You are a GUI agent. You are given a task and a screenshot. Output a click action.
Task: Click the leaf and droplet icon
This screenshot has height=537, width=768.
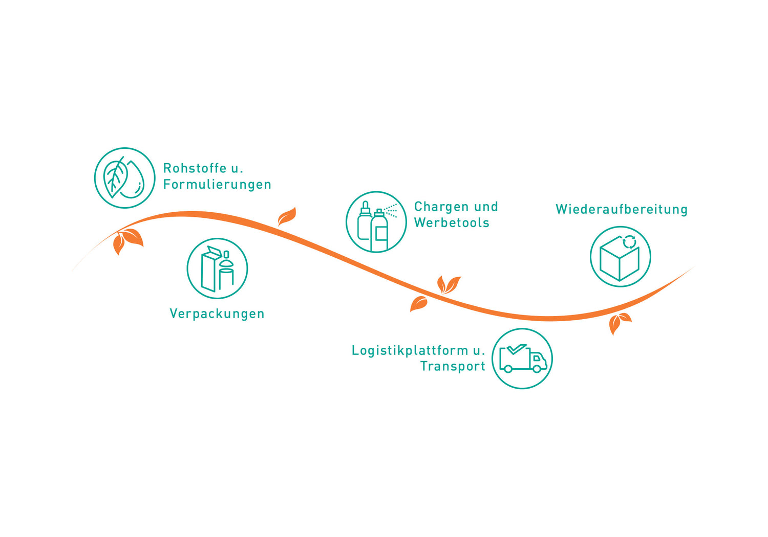(x=124, y=178)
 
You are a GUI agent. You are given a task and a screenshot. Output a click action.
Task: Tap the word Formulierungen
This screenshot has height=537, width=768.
(x=217, y=185)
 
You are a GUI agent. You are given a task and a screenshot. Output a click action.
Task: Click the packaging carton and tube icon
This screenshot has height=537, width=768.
(x=217, y=268)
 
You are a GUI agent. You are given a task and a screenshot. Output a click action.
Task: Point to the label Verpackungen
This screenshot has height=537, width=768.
(x=217, y=314)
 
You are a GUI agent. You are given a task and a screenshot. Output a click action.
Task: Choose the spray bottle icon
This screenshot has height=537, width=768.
(x=376, y=222)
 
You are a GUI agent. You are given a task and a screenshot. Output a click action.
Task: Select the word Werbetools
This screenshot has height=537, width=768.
(x=452, y=223)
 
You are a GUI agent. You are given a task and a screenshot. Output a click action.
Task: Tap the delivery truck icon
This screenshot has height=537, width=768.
(x=522, y=359)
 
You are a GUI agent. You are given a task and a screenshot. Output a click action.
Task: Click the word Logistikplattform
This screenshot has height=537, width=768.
(x=410, y=350)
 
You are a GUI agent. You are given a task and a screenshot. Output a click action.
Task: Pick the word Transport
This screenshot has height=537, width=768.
(x=453, y=366)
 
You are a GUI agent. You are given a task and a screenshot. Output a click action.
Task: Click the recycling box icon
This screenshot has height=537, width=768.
(x=620, y=257)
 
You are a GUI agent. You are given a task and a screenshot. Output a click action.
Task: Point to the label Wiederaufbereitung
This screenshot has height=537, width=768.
(x=622, y=209)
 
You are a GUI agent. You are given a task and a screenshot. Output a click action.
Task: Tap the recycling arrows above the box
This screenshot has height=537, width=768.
(x=629, y=241)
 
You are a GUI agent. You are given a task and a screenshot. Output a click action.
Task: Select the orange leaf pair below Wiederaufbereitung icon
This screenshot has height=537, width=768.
(x=619, y=323)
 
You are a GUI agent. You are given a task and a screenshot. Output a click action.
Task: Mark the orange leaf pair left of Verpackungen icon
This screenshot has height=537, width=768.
(x=126, y=240)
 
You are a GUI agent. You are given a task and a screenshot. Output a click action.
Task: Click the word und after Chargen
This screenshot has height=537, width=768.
(x=486, y=207)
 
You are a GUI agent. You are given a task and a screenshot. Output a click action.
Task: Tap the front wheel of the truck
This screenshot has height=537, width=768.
(x=537, y=368)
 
